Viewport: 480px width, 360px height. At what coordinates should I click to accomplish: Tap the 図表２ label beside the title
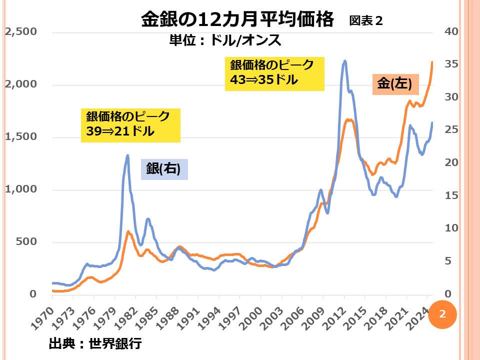(366, 21)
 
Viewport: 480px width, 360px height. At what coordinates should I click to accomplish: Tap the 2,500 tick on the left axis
(21, 32)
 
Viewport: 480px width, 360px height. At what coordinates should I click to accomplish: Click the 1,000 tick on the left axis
(21, 190)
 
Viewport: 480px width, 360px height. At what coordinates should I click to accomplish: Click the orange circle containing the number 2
(442, 314)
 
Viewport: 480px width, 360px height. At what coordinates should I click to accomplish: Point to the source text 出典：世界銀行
(95, 343)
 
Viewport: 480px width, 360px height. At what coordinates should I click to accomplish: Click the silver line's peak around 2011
(345, 61)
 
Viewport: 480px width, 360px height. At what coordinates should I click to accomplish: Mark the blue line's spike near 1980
(127, 155)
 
